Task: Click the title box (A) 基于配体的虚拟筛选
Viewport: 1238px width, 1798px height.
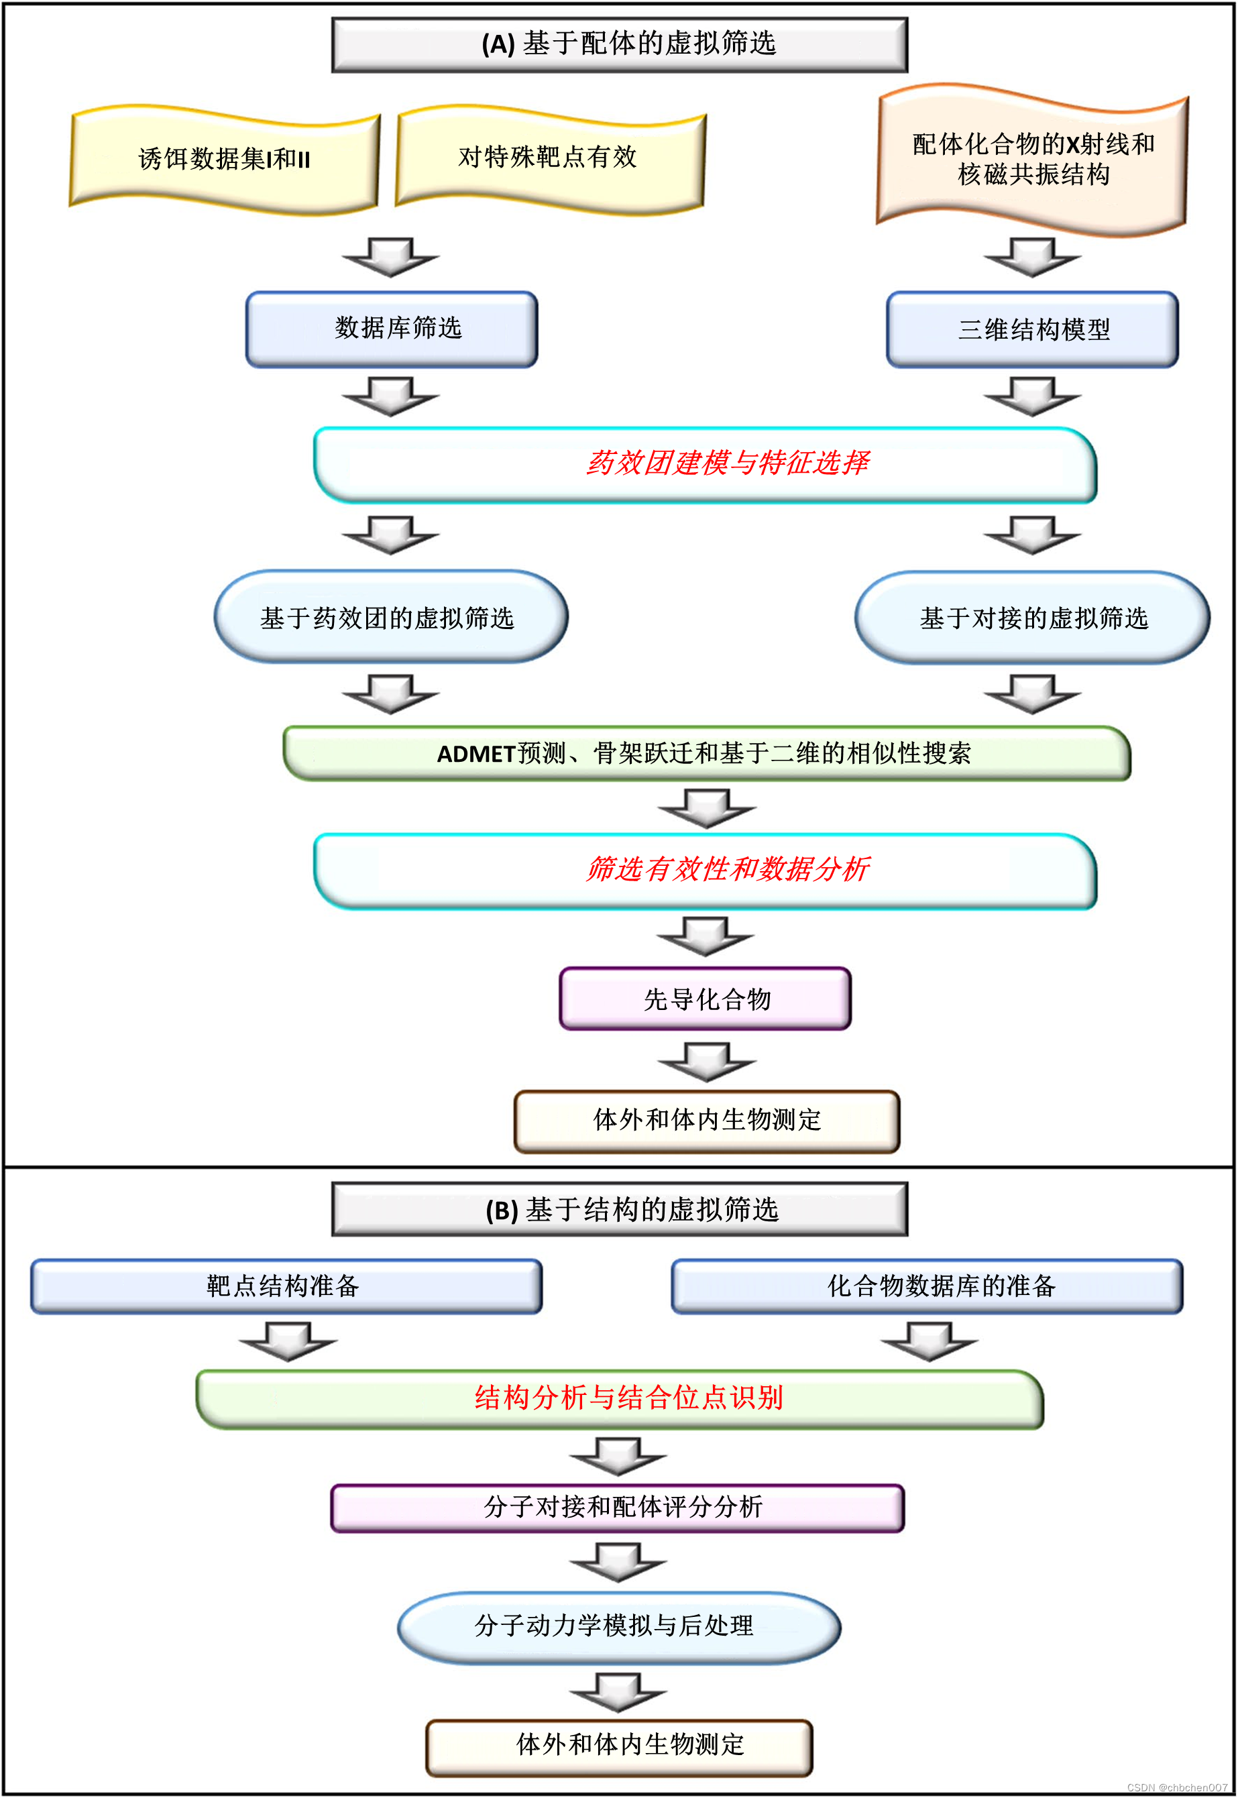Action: pyautogui.click(x=619, y=44)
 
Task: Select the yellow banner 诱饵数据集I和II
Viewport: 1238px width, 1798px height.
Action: pyautogui.click(x=224, y=159)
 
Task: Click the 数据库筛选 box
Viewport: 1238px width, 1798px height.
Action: pyautogui.click(x=392, y=328)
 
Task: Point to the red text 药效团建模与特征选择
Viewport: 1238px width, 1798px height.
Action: pyautogui.click(x=727, y=463)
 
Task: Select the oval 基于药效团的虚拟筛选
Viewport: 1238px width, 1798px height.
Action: pyautogui.click(x=390, y=618)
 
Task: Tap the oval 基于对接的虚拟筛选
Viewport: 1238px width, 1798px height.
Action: pyautogui.click(x=1032, y=618)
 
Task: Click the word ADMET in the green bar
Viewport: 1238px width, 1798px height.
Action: pyautogui.click(x=476, y=754)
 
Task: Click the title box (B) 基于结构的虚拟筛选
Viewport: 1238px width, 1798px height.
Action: pyautogui.click(x=619, y=1209)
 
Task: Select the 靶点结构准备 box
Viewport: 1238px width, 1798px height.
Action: pyautogui.click(x=286, y=1286)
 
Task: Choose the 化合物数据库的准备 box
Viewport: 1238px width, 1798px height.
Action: pyautogui.click(x=927, y=1286)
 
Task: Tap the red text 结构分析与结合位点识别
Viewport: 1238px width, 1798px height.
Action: pyautogui.click(x=628, y=1398)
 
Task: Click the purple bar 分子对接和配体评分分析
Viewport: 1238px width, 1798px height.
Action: pyautogui.click(x=618, y=1507)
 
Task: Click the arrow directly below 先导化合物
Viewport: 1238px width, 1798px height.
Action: pyautogui.click(x=707, y=1062)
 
